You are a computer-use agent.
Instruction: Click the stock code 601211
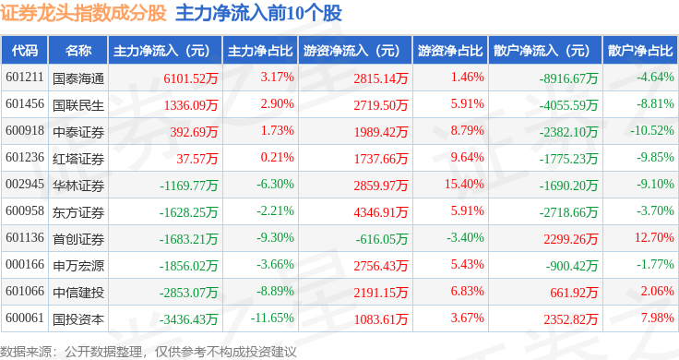pos(25,78)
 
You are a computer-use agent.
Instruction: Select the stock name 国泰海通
pos(78,78)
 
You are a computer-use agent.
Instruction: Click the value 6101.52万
pos(190,78)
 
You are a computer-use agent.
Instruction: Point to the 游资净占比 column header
pos(447,50)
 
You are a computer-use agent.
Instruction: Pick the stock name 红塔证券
pos(78,158)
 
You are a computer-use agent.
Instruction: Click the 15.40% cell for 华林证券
pos(464,185)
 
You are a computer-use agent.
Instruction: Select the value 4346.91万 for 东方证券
pos(379,211)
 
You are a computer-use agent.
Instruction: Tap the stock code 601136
pos(25,239)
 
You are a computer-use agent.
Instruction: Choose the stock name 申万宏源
pos(78,266)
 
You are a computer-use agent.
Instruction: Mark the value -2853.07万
pos(188,293)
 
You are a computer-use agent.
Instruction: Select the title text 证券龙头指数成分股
pos(84,14)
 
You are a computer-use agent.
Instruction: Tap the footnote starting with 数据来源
pos(149,351)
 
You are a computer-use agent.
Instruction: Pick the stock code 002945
pos(25,185)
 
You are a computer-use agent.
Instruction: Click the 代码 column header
pos(25,50)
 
